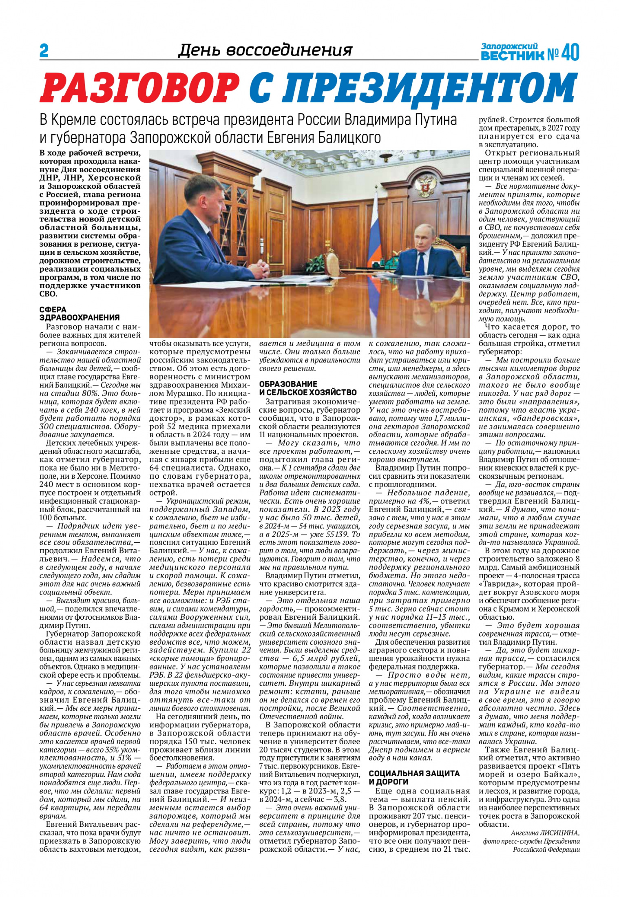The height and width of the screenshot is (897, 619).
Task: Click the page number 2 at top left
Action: point(44,51)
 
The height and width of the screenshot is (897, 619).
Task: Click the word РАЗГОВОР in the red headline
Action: point(139,88)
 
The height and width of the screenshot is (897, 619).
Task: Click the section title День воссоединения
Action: point(265,50)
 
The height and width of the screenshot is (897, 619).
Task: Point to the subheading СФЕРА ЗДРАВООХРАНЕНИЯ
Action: point(80,314)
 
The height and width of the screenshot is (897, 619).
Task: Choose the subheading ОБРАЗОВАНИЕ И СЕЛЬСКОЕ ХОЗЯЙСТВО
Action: point(308,388)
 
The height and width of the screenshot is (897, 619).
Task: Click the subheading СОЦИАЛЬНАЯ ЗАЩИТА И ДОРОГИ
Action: point(414,778)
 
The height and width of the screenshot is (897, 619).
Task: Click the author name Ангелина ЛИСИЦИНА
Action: point(545,833)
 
